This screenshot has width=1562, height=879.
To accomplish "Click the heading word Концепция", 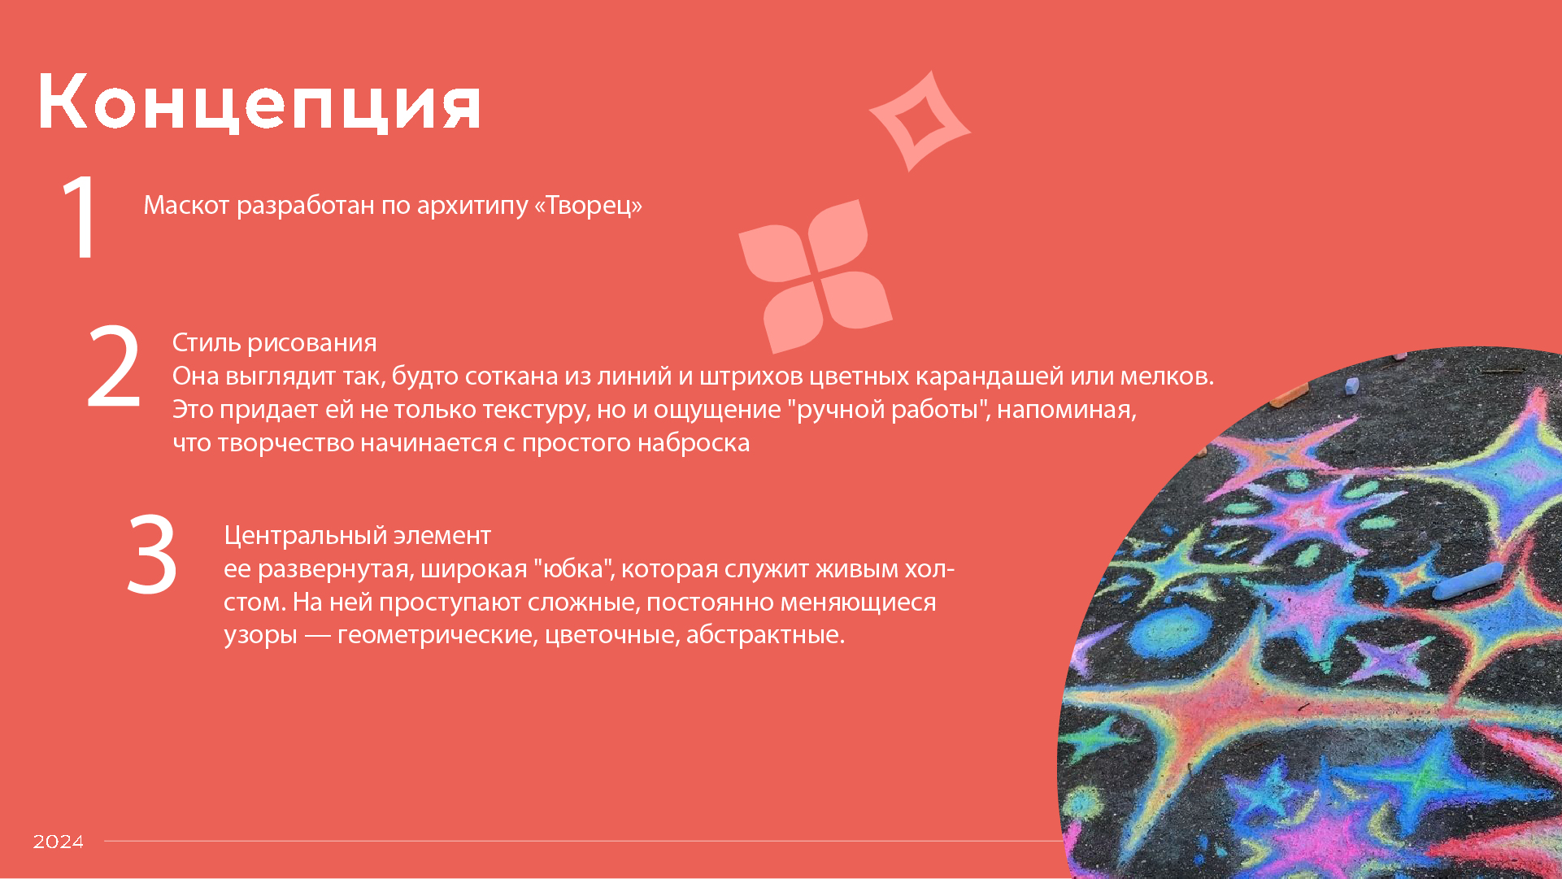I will pos(259,102).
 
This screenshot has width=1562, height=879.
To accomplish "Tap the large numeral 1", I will pos(81,217).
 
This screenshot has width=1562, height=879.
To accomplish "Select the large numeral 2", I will pos(114,367).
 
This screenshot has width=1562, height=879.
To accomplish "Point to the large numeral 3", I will pos(152,555).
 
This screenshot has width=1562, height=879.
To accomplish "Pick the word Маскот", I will pos(186,205).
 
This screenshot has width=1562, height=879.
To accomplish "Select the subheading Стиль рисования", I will pos(274,342).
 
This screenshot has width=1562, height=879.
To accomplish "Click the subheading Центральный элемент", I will pos(357,535).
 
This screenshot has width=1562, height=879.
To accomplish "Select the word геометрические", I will pos(437,634).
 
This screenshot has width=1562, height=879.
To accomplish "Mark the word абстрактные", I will pos(764,634).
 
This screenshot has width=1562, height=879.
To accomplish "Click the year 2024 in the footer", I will pos(59,842).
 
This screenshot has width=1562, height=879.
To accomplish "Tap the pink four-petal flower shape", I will pos(815,276).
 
